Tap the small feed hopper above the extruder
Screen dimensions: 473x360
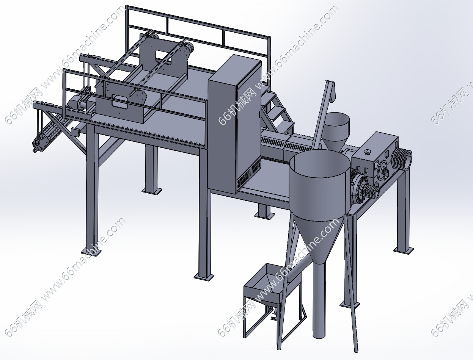click(336, 131)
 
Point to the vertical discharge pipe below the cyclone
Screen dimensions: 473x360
click(319, 299)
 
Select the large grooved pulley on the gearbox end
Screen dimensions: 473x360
click(401, 159)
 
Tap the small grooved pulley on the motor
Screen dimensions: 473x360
click(370, 191)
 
